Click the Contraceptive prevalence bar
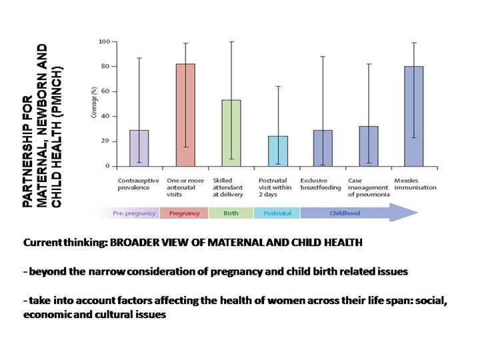(x=139, y=147)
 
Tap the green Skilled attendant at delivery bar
(x=231, y=133)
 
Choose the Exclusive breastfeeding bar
(x=323, y=147)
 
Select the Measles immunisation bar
(x=414, y=116)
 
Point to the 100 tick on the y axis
(x=104, y=41)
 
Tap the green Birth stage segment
(x=231, y=213)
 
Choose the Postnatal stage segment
(x=277, y=213)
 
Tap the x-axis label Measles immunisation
(x=415, y=184)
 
